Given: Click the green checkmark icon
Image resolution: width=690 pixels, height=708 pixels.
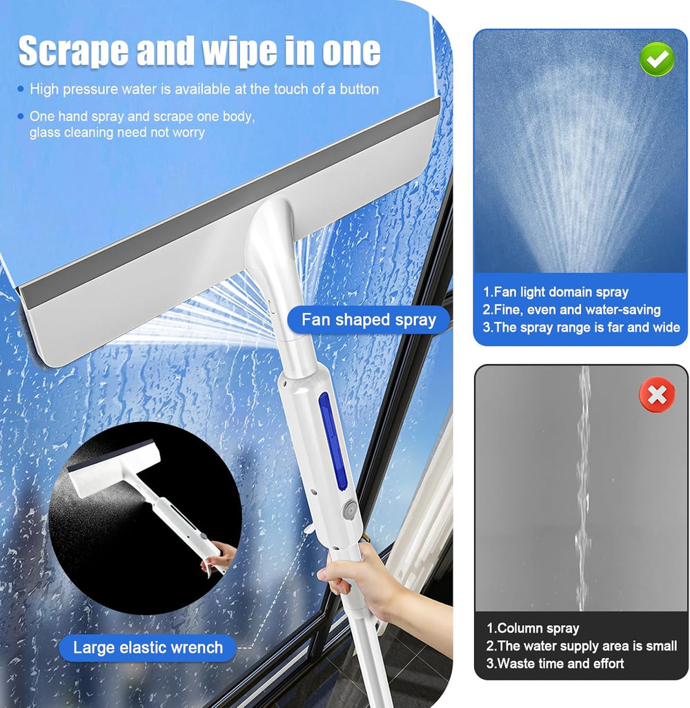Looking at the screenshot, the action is point(657,59).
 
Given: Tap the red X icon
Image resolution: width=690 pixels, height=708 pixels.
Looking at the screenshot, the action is point(657,394).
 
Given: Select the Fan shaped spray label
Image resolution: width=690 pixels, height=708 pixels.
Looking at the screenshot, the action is point(368,320).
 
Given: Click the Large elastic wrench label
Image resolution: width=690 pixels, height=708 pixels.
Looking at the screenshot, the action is point(148,647).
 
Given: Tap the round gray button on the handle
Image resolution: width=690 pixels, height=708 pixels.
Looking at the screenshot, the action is point(350,509).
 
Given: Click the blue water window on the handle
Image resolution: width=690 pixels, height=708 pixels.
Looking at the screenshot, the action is point(333,441).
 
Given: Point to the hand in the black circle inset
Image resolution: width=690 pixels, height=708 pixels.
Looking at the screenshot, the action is point(219,558).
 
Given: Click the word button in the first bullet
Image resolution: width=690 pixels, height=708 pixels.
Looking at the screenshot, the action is point(359,89).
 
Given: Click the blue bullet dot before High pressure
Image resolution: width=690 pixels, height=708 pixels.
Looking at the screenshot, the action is point(20,89).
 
